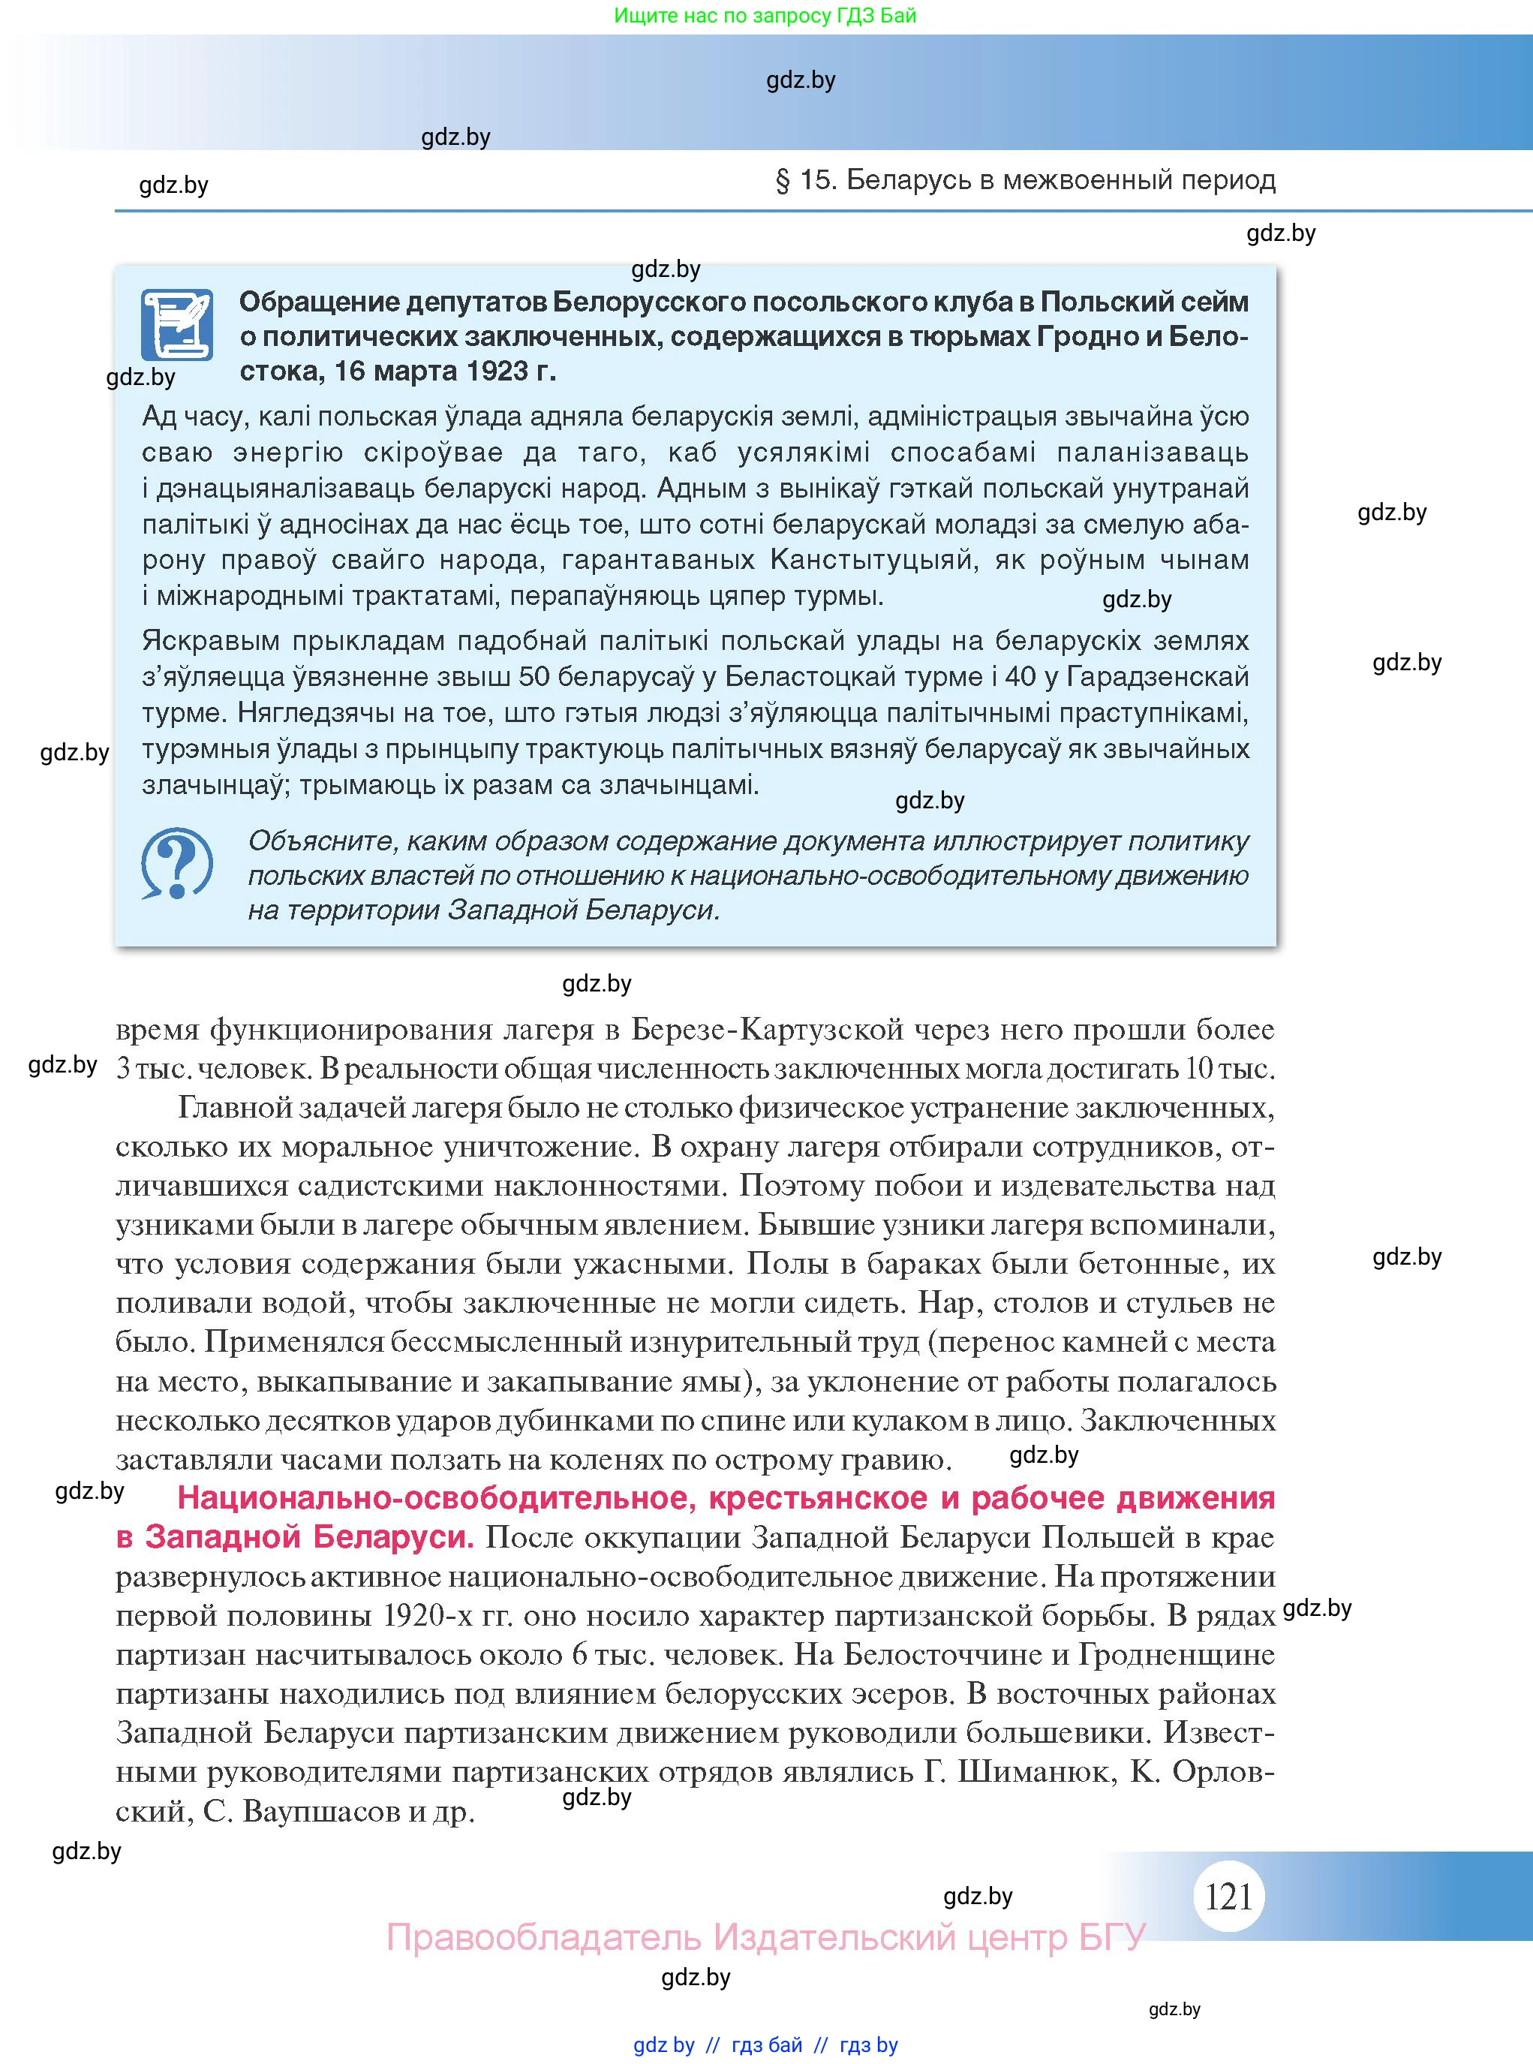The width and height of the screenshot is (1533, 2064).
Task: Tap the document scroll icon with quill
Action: [x=176, y=325]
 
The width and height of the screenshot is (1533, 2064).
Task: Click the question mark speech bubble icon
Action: [x=176, y=863]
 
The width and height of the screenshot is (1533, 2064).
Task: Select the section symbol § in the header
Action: [x=783, y=180]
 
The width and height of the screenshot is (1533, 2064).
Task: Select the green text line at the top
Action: [x=765, y=15]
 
